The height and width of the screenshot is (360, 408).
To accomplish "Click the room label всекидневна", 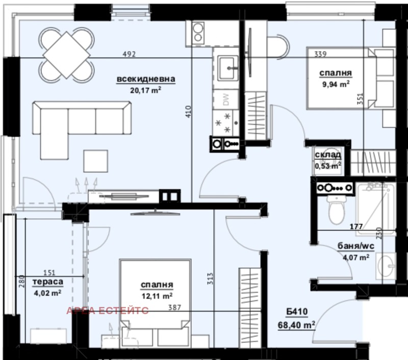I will pos(146,80).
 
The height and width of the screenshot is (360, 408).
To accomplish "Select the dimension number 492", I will pos(130,55).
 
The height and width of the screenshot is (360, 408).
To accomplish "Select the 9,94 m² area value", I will pos(335,84).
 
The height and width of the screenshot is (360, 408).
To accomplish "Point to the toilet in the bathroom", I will pos(336,210).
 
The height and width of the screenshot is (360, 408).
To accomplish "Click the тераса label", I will pos(48,282).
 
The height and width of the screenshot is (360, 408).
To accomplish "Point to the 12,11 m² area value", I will pos(157,295).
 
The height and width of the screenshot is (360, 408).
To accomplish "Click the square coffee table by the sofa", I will pos(96,162).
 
